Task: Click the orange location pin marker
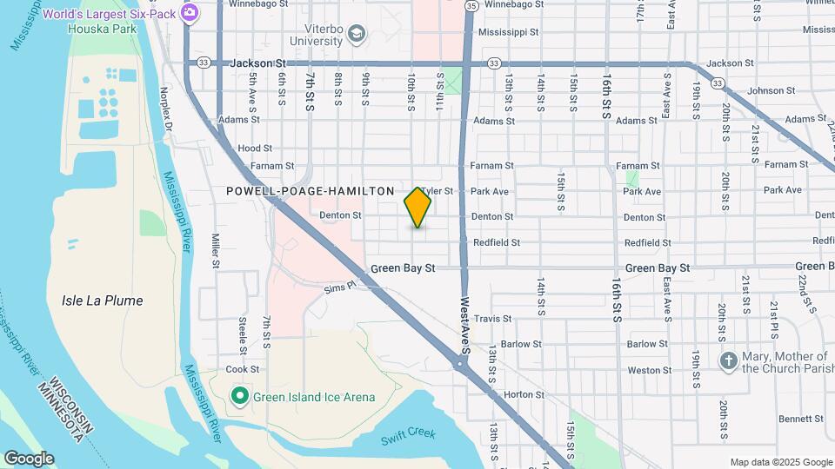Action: (x=417, y=208)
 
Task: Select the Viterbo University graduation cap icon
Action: (x=355, y=34)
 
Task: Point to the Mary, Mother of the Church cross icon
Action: (x=728, y=360)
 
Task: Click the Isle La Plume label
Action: (x=103, y=301)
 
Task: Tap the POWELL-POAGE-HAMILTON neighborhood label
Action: (x=310, y=191)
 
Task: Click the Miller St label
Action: (x=216, y=250)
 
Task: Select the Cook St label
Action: (x=243, y=369)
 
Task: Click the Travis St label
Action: (x=492, y=319)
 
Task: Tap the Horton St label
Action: (x=524, y=394)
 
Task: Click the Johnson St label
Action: (x=765, y=90)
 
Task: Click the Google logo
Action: (x=29, y=459)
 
